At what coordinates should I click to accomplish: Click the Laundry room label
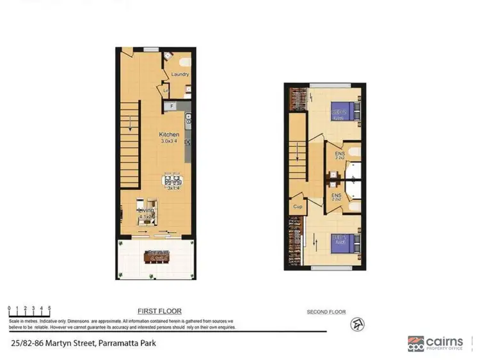click(179, 74)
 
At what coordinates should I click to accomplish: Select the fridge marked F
click(172, 106)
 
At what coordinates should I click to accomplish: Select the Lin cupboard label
click(165, 91)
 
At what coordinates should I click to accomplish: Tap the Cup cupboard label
click(297, 207)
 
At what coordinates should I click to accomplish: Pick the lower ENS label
click(335, 196)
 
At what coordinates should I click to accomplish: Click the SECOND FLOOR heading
click(326, 312)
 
